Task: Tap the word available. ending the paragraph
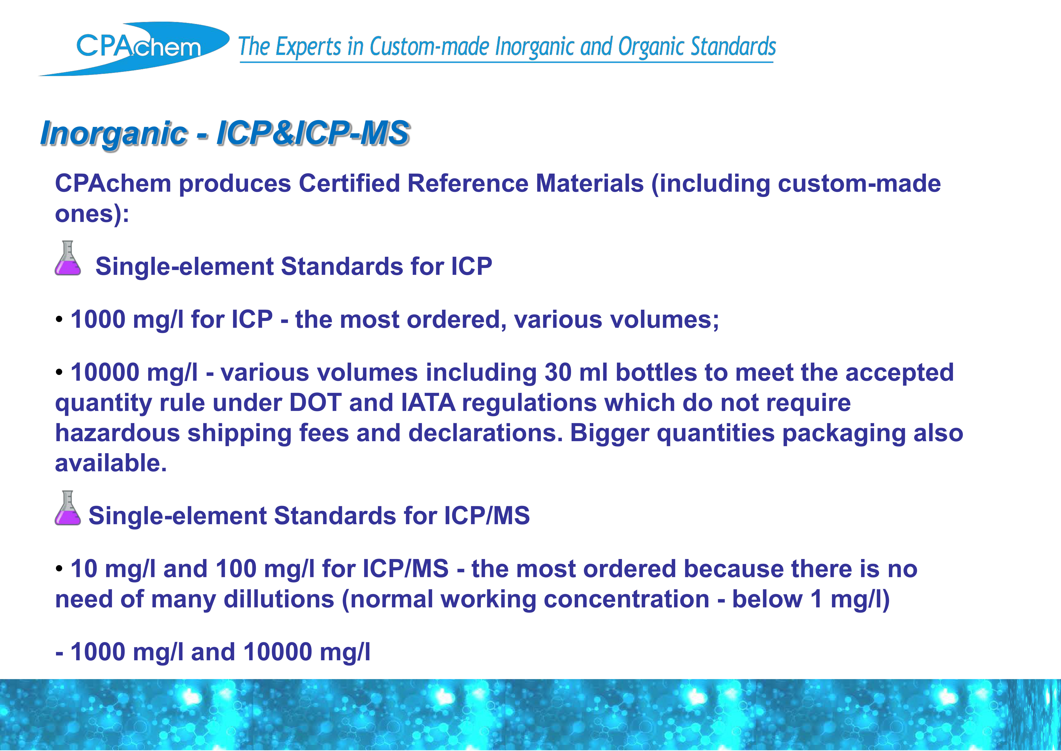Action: point(111,463)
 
